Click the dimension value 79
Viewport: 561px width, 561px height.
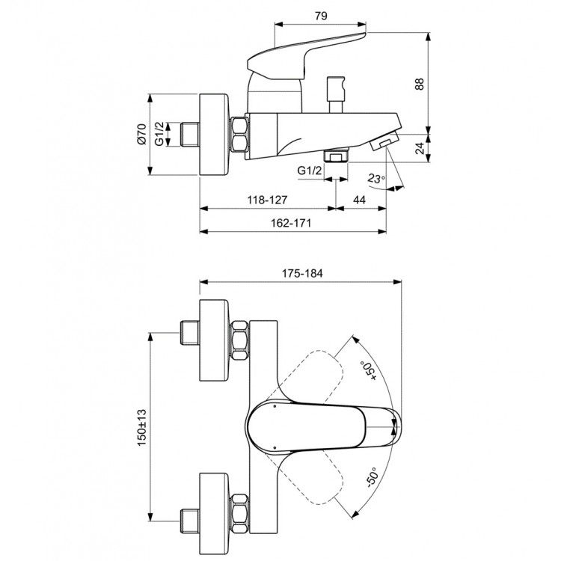(x=321, y=14)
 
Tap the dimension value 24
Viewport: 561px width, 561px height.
(x=441, y=150)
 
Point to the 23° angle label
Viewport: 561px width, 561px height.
(x=376, y=178)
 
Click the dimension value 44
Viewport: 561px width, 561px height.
(x=359, y=200)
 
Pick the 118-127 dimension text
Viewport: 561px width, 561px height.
(x=266, y=200)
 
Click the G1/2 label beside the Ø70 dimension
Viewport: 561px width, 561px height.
(x=159, y=135)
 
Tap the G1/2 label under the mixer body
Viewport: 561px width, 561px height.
(x=309, y=171)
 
